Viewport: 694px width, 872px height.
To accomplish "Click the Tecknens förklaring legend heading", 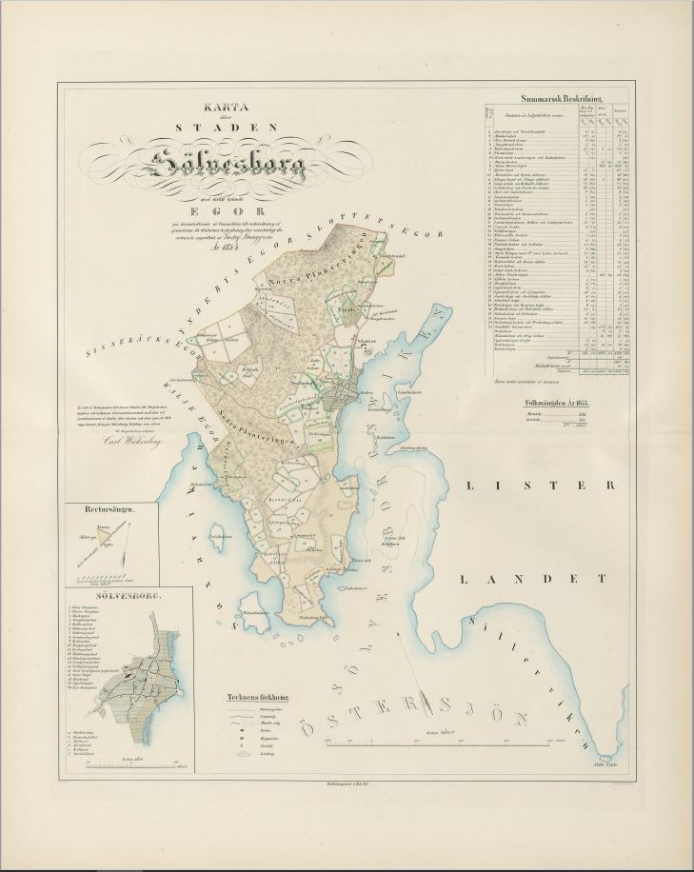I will point(258,695).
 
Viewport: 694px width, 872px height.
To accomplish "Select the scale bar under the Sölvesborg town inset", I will point(113,763).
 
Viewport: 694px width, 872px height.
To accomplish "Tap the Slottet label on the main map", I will point(342,349).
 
